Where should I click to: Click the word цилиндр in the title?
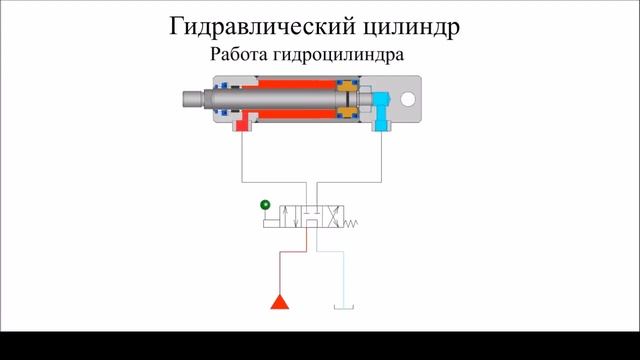(411, 24)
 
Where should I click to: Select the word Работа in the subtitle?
(239, 55)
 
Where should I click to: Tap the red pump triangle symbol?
(279, 301)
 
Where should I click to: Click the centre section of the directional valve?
(313, 217)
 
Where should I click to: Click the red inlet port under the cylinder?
(243, 123)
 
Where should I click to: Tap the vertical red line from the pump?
(279, 265)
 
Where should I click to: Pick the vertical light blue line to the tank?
(346, 275)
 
